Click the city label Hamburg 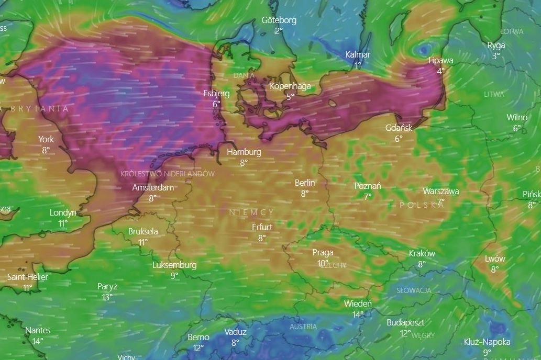(x=244, y=152)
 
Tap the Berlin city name (x=305, y=183)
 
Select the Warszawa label (x=441, y=191)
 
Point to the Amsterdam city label (x=153, y=187)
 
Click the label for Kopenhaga (x=290, y=86)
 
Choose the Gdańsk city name (x=399, y=128)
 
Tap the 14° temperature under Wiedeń (x=358, y=314)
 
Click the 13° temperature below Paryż (x=107, y=297)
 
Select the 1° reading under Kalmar (x=358, y=65)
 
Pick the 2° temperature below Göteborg (x=279, y=31)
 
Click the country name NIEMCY (x=251, y=212)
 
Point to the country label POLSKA (x=422, y=205)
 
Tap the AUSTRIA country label (x=303, y=327)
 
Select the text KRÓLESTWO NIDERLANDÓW (x=168, y=173)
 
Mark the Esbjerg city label (x=216, y=94)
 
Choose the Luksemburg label (x=174, y=265)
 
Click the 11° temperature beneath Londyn (x=63, y=223)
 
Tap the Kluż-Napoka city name (x=487, y=342)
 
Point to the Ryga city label (x=496, y=45)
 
